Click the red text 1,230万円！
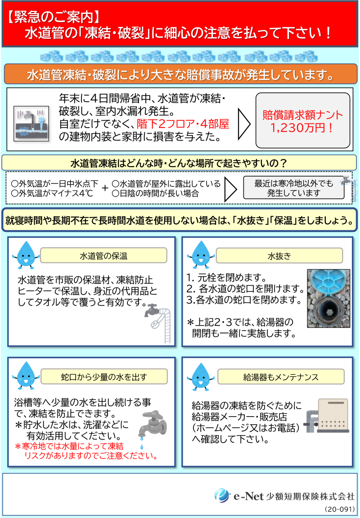tap(302, 127)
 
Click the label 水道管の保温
tap(103, 256)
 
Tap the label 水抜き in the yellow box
tap(279, 256)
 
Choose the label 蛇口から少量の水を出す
tap(104, 377)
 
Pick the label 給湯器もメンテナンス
tap(280, 377)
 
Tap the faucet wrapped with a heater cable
tap(158, 322)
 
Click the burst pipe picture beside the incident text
tap(31, 123)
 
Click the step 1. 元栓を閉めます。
tap(226, 276)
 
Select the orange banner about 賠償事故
tap(180, 76)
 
